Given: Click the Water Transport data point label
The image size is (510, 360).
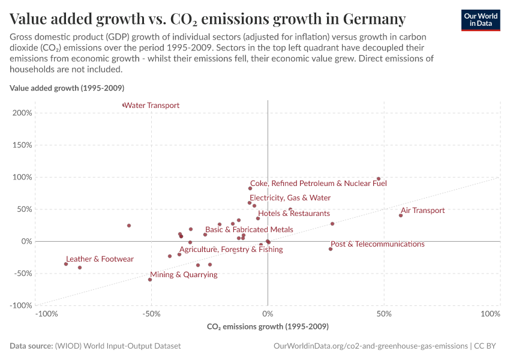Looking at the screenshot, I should point(152,106).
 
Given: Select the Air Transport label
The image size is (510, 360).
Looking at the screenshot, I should point(422,211).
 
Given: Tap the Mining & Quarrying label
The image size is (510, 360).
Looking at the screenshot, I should point(184,275).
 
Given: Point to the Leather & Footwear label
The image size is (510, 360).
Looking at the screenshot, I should point(100,259).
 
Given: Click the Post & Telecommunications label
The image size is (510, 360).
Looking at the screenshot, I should point(377,244).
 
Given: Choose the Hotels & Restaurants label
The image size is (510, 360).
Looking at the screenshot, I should point(294,214).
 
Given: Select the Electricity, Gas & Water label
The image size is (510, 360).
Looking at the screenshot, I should point(290,198).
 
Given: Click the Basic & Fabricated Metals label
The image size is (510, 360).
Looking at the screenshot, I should point(249,230).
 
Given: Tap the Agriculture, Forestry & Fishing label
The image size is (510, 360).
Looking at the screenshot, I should point(231,250).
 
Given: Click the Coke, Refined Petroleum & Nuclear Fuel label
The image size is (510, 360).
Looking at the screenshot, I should point(318,184).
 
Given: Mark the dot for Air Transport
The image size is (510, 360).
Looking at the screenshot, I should point(401,215).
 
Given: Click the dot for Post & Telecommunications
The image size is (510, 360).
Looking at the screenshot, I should point(331,249).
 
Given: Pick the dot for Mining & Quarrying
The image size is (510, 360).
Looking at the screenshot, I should point(150,280).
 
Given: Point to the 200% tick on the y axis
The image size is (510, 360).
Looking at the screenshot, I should point(22,113).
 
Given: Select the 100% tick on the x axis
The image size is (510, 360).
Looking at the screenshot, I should point(490,314).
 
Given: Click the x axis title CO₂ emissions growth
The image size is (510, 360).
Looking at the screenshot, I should point(268,327).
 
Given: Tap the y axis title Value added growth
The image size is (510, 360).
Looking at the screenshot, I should point(67,88).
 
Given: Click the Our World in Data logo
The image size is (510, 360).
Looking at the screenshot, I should point(480,20).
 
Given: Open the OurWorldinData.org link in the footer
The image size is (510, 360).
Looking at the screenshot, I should point(370,346).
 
